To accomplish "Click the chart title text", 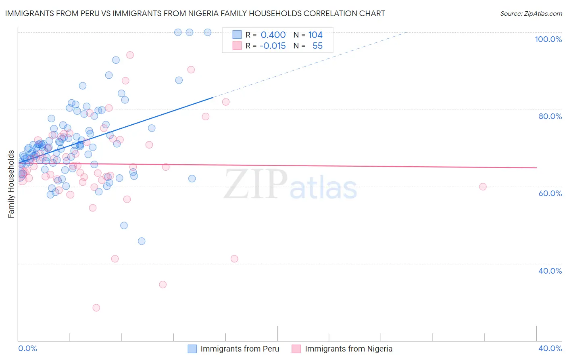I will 195,13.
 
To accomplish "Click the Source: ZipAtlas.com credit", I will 531,13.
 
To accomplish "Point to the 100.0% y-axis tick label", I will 548,39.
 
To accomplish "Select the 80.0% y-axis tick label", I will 550,116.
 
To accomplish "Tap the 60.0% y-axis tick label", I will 550,193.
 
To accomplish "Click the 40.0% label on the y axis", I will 550,271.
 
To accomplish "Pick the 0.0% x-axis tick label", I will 27,348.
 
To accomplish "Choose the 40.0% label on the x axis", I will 550,348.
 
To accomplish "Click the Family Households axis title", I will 11,184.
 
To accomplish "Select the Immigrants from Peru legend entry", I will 240,349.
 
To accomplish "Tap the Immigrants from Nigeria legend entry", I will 348,349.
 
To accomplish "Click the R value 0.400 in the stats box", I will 273,35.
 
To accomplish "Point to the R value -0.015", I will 272,46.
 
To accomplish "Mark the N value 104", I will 315,35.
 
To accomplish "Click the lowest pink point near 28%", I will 96,308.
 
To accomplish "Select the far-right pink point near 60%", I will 483,186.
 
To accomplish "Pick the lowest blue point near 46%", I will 142,241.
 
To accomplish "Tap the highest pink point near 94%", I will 130,55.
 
